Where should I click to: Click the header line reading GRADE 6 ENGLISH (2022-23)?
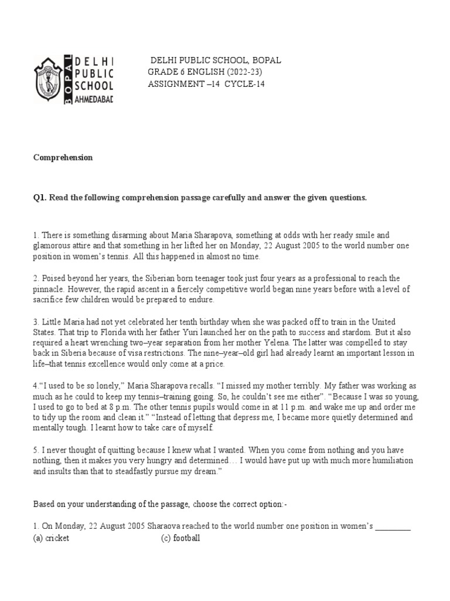tap(204, 72)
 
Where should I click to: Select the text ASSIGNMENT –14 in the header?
tap(178, 84)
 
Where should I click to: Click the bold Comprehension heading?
tap(63, 158)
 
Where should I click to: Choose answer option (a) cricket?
tap(51, 538)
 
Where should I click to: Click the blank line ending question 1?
tap(393, 527)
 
